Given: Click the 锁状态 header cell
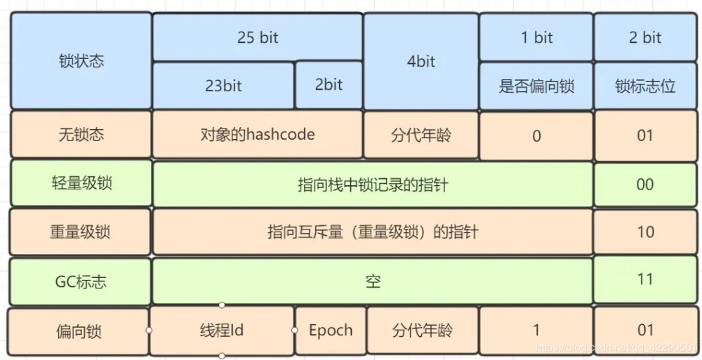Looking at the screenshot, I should tap(81, 61).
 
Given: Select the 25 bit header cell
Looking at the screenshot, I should tap(258, 37).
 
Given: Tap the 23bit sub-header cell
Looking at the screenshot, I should tap(223, 86).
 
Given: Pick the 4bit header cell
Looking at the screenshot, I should tap(421, 61).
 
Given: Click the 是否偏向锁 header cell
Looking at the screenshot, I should tap(536, 86).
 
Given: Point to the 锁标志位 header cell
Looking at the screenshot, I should tap(645, 86).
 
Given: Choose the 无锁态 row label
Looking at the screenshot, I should tap(81, 134).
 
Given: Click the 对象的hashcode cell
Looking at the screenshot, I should tap(258, 134).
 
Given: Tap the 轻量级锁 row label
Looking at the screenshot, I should tap(81, 184).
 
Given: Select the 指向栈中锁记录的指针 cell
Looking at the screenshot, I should tap(373, 185).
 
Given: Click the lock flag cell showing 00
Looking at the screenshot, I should tap(645, 185).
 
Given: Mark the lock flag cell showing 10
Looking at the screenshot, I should tap(645, 232).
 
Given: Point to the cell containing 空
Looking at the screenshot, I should tap(373, 281).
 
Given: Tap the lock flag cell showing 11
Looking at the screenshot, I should tap(645, 279).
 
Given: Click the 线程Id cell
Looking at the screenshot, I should tap(222, 330).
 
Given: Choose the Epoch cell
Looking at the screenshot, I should tap(331, 330).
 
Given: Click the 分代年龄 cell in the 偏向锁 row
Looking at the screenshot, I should tap(422, 330).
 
